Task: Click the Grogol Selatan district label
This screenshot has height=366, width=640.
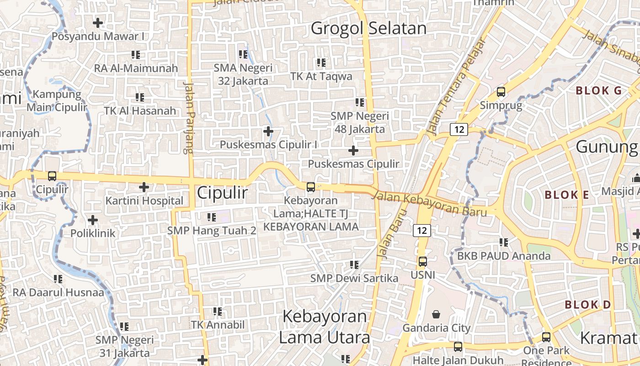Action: click(x=368, y=28)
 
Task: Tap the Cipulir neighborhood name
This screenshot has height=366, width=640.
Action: click(x=222, y=193)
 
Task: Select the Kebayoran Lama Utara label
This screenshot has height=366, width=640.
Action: click(x=324, y=327)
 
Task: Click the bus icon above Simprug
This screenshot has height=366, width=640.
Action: click(x=501, y=92)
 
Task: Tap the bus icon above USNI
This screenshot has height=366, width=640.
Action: click(x=423, y=262)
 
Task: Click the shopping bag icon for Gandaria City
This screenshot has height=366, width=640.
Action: click(x=436, y=314)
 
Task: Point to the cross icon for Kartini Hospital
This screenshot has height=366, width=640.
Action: click(x=144, y=187)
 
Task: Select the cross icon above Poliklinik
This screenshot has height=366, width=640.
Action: click(x=93, y=220)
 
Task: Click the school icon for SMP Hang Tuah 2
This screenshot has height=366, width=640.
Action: click(x=212, y=217)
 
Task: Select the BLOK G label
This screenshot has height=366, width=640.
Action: click(x=599, y=91)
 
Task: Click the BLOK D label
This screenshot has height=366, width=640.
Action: click(x=587, y=305)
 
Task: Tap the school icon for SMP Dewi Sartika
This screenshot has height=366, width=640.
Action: click(x=354, y=264)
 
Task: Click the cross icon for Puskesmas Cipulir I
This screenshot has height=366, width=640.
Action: click(x=268, y=132)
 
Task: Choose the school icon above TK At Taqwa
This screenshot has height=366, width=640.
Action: click(x=321, y=62)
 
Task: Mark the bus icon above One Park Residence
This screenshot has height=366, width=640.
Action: click(x=546, y=337)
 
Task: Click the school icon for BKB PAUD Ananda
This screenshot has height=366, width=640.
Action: click(x=504, y=242)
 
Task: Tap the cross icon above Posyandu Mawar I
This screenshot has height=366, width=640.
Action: click(x=98, y=22)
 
